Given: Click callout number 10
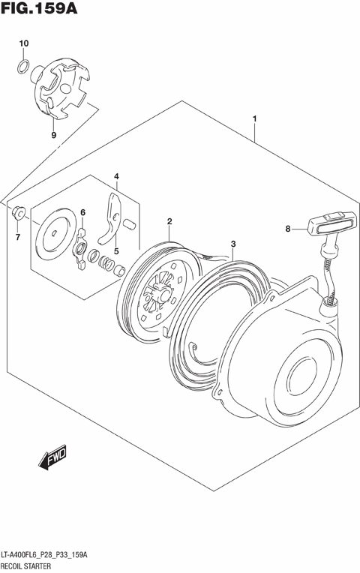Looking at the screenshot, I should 23,43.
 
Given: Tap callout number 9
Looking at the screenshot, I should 53,135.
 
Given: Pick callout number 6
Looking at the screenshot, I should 83,213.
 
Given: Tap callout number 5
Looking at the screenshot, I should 116,252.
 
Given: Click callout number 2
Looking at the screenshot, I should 170,221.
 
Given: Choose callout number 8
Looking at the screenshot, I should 287,229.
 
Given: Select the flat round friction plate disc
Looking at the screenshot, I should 58,234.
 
